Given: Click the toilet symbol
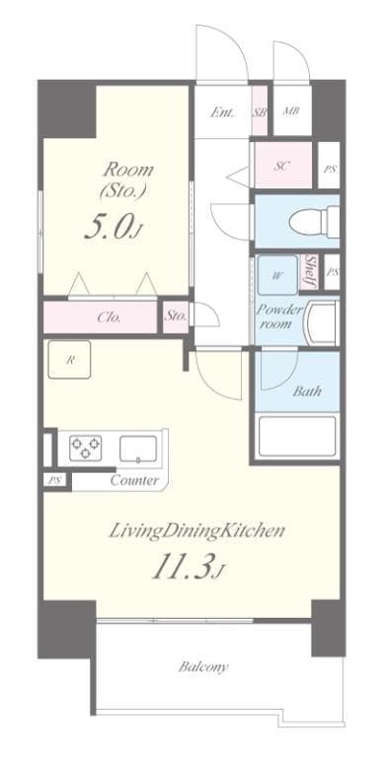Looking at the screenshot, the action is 314,222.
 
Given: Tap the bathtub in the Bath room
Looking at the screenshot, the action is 297,436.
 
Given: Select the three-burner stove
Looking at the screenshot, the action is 86,447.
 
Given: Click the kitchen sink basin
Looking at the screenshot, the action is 138,449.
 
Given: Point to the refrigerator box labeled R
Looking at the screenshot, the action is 70,359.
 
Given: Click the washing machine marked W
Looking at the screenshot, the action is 277,275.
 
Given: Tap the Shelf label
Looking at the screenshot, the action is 308,272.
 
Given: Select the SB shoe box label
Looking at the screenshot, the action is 260,113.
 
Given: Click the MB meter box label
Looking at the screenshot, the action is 291,111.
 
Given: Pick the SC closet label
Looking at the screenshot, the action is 281,166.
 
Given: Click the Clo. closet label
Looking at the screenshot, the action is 110,317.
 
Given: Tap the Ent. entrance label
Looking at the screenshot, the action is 222,113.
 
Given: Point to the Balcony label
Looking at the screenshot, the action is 203,667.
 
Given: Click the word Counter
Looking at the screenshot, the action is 134,480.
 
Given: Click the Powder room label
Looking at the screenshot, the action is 276,316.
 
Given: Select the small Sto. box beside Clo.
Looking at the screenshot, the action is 176,316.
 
